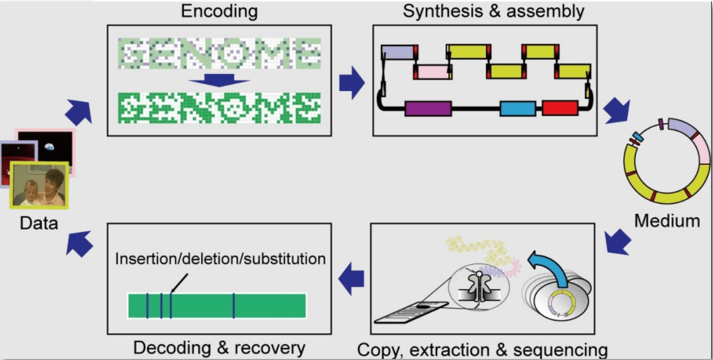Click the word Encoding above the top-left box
click(219, 11)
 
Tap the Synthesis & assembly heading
click(493, 11)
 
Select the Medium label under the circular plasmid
click(667, 221)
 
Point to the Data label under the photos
click(39, 223)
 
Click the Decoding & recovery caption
click(219, 347)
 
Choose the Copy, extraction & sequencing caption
click(482, 350)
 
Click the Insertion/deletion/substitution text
click(220, 258)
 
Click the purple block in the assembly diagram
click(428, 109)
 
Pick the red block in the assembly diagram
click(559, 108)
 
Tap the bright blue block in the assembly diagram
click(518, 109)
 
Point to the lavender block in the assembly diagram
click(398, 52)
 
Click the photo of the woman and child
click(40, 185)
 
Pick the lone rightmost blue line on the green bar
click(233, 305)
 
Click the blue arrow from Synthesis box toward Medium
click(617, 110)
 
